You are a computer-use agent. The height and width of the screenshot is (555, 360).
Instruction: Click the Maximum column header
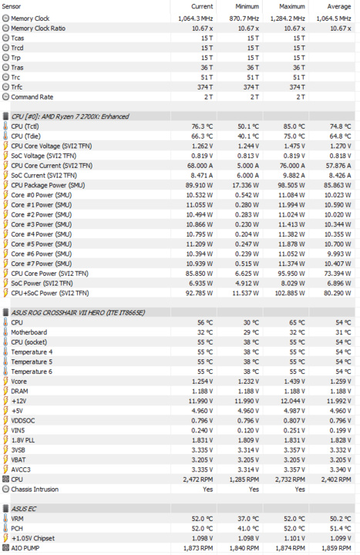pyautogui.click(x=292, y=6)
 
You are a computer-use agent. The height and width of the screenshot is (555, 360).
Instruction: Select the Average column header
pyautogui.click(x=338, y=6)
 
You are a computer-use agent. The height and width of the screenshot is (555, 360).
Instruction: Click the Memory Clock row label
pyautogui.click(x=30, y=18)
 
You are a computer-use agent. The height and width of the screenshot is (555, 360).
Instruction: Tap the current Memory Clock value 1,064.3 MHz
pyautogui.click(x=195, y=18)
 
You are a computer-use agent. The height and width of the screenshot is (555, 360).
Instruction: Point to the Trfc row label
pyautogui.click(x=17, y=87)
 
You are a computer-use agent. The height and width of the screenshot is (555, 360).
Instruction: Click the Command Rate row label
pyautogui.click(x=32, y=97)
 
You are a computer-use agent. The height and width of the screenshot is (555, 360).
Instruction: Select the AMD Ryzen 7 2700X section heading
pyautogui.click(x=70, y=116)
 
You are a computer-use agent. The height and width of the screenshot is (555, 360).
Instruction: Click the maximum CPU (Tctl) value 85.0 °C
pyautogui.click(x=294, y=126)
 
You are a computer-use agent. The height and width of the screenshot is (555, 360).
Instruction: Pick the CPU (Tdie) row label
pyautogui.click(x=25, y=136)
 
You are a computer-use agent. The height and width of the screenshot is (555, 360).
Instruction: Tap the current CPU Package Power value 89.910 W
pyautogui.click(x=199, y=185)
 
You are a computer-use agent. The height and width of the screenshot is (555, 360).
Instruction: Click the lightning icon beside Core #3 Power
pyautogui.click(x=5, y=224)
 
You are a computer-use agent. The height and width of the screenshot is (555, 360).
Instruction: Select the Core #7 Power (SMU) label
pyautogui.click(x=41, y=264)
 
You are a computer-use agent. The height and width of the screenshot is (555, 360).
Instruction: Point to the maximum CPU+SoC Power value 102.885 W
pyautogui.click(x=290, y=293)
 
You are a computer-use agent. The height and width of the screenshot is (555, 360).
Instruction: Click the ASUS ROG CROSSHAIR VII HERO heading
pyautogui.click(x=78, y=313)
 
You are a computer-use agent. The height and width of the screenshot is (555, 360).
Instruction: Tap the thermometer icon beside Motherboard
pyautogui.click(x=5, y=332)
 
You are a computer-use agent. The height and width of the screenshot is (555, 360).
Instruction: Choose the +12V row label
pyautogui.click(x=19, y=401)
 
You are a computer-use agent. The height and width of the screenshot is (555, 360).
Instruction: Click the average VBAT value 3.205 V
pyautogui.click(x=339, y=459)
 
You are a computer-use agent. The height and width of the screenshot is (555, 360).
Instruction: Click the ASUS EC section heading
pyautogui.click(x=24, y=509)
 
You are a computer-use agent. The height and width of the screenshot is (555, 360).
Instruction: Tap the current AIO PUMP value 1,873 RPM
pyautogui.click(x=198, y=548)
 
